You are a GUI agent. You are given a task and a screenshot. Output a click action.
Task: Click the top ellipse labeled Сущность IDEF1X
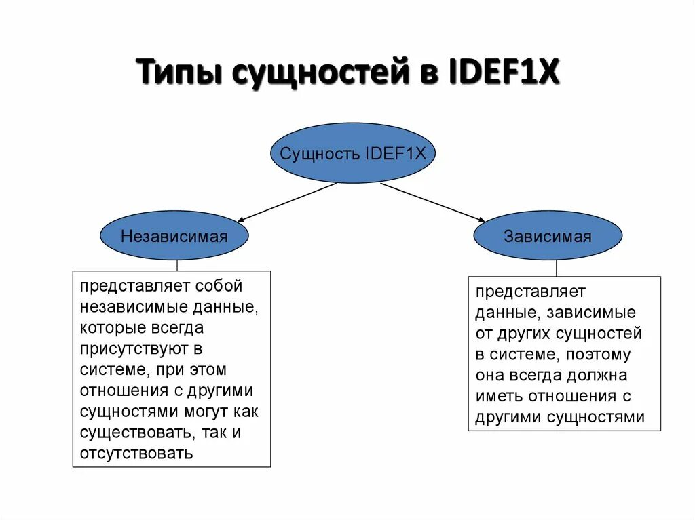click(352, 153)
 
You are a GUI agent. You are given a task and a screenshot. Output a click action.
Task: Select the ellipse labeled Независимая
click(174, 236)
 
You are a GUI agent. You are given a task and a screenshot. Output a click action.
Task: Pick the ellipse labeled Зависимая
click(547, 237)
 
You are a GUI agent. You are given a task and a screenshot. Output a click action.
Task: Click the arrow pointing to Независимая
click(288, 202)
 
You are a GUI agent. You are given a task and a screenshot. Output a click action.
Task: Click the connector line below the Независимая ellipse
click(177, 265)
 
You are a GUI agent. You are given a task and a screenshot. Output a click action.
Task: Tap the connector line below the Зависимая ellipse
click(557, 268)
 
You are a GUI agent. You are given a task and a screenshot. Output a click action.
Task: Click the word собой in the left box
click(219, 286)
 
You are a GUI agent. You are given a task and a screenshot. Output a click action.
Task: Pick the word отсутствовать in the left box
click(136, 453)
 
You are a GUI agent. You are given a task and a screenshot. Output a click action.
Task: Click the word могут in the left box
click(204, 412)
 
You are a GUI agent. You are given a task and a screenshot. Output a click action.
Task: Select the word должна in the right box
click(599, 375)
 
